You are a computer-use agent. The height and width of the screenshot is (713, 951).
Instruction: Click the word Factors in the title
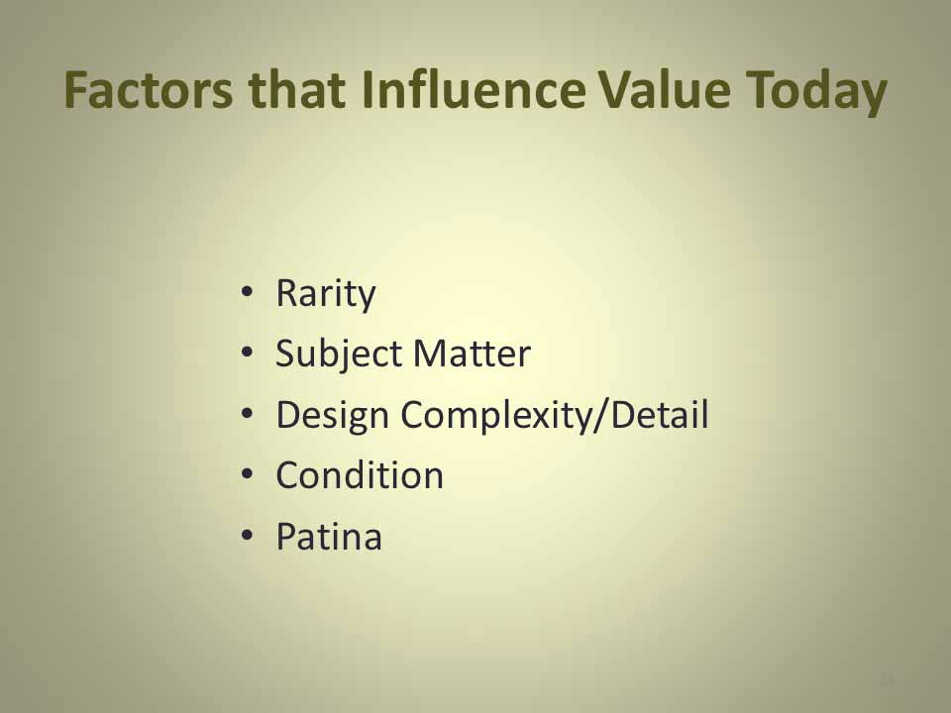148,90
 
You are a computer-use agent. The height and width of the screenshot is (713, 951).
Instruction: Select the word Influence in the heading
475,89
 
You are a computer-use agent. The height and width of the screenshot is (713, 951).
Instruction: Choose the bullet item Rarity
326,295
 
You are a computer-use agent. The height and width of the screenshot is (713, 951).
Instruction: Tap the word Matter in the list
472,354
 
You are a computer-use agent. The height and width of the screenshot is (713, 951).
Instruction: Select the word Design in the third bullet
333,417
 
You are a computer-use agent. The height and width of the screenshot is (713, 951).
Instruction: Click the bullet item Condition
360,474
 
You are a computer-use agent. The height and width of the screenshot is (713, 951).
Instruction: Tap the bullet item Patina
329,536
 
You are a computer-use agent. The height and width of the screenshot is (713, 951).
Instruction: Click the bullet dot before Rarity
247,292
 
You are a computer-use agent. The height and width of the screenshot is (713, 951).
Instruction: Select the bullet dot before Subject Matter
247,353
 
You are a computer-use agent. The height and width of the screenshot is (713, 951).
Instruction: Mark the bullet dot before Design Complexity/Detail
247,414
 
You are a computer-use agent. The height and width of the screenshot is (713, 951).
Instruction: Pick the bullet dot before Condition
247,474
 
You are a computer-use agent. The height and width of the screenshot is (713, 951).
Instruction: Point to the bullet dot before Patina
247,536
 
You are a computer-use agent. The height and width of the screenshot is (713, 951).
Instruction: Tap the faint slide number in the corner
887,680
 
